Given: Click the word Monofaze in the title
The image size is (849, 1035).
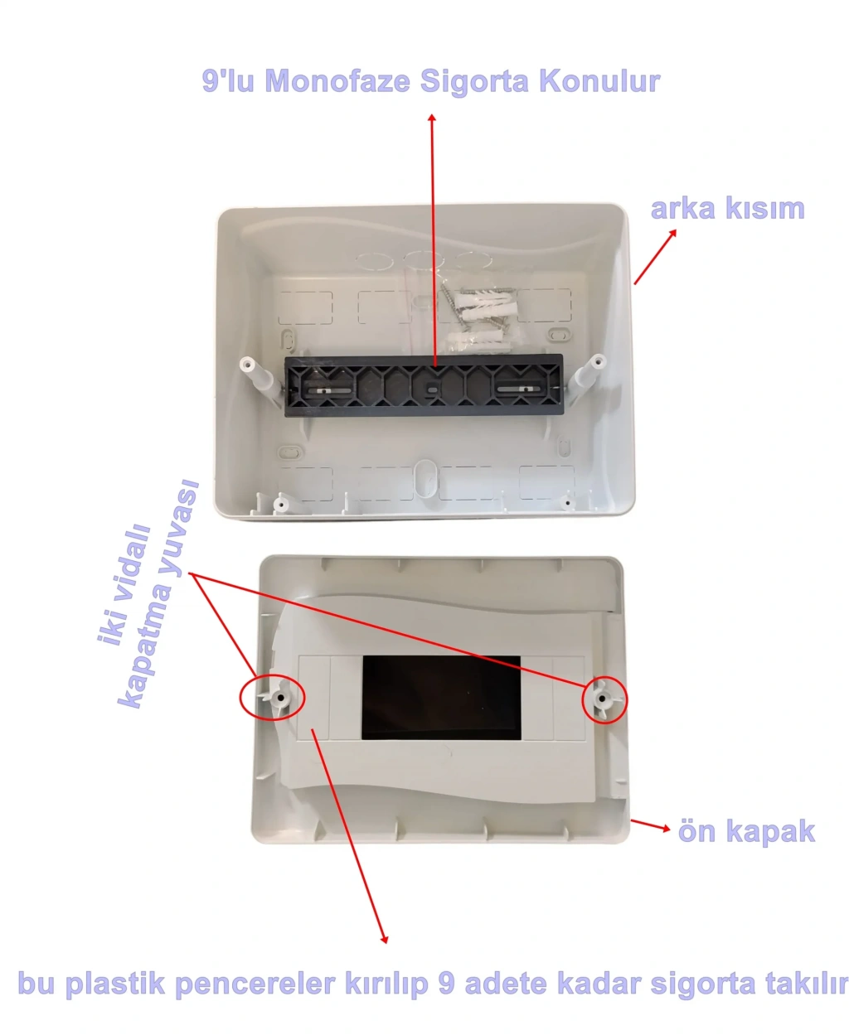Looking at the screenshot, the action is [337, 80].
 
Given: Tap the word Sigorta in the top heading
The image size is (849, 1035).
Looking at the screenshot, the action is [474, 81].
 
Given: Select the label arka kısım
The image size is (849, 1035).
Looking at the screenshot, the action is [727, 209].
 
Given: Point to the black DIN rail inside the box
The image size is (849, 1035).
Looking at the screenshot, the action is [424, 385].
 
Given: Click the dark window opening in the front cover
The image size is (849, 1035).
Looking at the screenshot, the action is [441, 698].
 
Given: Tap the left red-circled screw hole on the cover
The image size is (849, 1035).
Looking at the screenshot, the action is [281, 698].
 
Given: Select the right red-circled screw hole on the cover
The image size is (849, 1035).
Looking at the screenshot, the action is [602, 698].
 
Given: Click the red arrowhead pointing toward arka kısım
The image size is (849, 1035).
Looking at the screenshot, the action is [672, 234].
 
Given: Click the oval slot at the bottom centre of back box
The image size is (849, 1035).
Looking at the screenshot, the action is [424, 477].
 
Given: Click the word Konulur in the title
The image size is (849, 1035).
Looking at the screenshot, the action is [599, 80].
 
